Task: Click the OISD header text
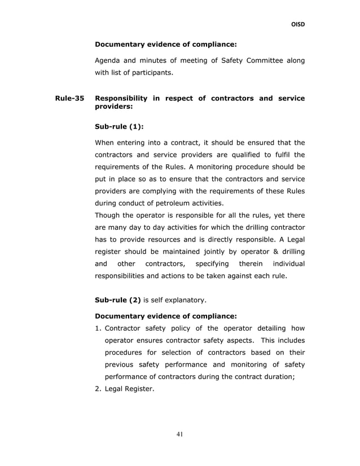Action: [297, 24]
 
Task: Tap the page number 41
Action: [180, 434]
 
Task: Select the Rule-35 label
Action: [69, 98]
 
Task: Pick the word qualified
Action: [244, 155]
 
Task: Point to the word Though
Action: [109, 214]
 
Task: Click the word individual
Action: [287, 263]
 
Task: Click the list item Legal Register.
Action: [129, 388]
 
